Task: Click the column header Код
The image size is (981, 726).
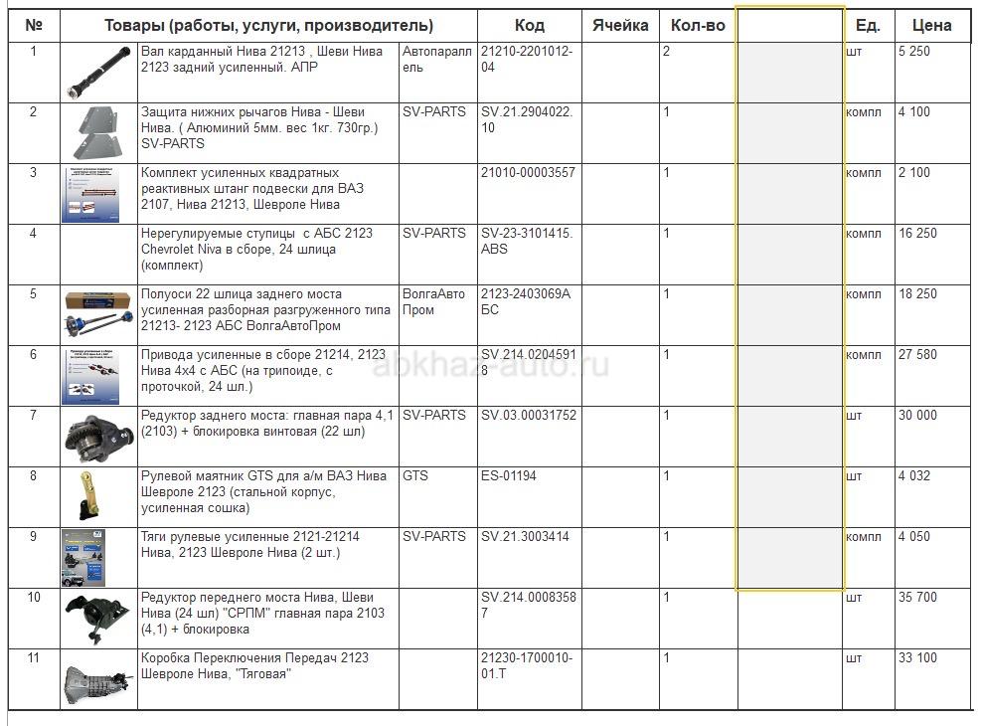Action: [529, 26]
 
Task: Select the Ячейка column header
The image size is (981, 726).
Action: [620, 26]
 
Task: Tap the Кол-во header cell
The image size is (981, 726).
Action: [698, 26]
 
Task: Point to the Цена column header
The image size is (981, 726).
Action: [930, 26]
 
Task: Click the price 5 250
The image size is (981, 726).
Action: [914, 52]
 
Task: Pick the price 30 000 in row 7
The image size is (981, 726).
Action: [917, 416]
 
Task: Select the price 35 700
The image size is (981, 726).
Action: [917, 598]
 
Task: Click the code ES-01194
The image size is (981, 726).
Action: [509, 476]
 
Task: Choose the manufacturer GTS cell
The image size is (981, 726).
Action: [415, 476]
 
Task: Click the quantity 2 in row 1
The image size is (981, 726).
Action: [666, 52]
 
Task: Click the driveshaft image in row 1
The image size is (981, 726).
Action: [98, 72]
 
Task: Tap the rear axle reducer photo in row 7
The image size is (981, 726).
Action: [98, 436]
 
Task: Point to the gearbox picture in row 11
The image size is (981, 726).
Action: [98, 680]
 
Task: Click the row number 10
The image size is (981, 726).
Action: [34, 598]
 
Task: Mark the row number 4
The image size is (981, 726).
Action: [33, 234]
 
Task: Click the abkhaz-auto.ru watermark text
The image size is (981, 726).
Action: [490, 366]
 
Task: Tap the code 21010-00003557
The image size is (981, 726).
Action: [528, 173]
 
